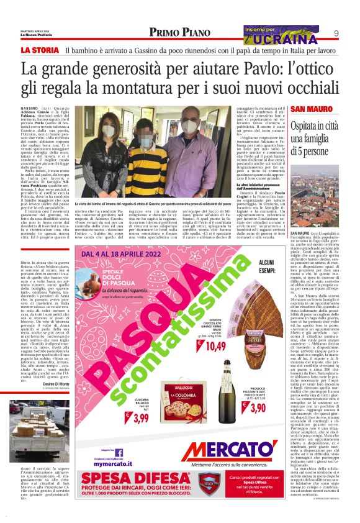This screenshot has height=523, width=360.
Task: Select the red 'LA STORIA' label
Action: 41,50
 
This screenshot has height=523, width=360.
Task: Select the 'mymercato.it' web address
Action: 115,463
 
